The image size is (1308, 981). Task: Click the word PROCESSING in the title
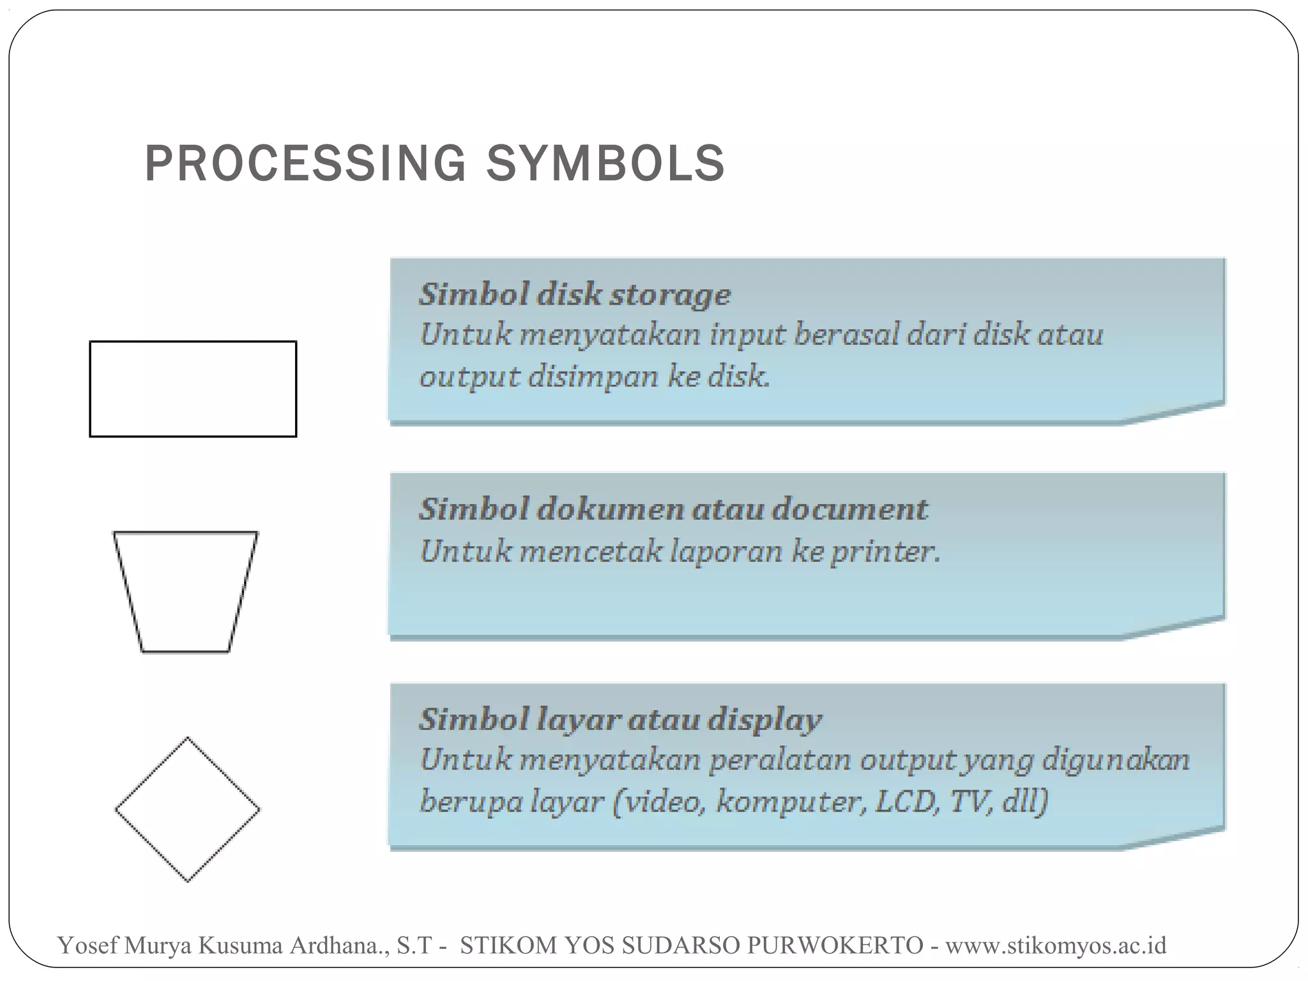point(305,163)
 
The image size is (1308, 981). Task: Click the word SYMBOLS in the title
point(605,163)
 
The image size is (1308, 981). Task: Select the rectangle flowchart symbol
point(193,389)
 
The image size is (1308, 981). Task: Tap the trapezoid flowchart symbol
point(185,591)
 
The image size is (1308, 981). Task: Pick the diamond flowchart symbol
point(187,809)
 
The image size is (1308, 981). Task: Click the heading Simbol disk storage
point(574,295)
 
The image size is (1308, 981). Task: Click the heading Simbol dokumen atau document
point(673,510)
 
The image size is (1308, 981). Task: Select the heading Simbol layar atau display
point(620,720)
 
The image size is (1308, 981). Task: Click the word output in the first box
point(469,377)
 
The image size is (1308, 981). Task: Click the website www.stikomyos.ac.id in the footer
point(1055,945)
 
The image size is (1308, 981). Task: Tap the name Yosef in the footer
point(87,945)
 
